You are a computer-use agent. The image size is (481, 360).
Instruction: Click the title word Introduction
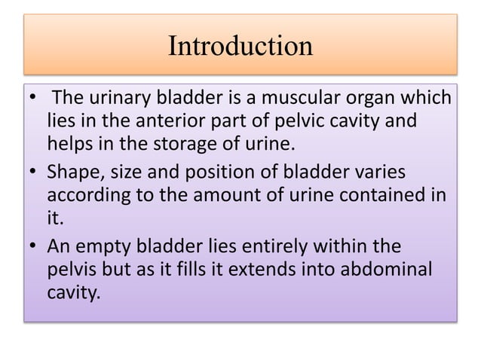coord(240,47)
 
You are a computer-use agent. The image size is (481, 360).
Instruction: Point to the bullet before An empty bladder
coord(32,248)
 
